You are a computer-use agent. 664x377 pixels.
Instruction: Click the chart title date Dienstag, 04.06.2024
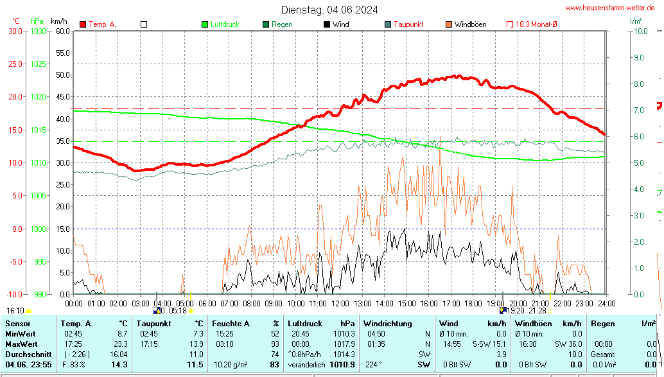point(329,10)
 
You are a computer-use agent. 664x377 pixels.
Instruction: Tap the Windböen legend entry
point(470,24)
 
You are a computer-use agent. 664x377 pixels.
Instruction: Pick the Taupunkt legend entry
point(408,24)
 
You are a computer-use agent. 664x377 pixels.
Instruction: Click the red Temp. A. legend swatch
point(83,24)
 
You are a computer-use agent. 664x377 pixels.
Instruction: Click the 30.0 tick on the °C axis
point(14,31)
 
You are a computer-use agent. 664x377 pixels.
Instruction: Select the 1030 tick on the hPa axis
point(38,31)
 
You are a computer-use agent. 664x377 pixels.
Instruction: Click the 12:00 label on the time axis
point(340,303)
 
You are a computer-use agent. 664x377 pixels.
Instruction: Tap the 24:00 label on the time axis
point(606,303)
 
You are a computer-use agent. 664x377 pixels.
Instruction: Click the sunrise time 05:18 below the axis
point(178,311)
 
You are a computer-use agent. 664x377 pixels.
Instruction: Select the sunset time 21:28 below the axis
point(537,311)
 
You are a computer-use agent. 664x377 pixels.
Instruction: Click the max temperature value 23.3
point(121,344)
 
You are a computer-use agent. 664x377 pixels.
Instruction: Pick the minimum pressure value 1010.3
point(344,334)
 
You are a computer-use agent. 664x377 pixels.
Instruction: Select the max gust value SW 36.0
point(569,344)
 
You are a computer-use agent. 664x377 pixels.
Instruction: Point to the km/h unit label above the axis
point(59,21)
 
